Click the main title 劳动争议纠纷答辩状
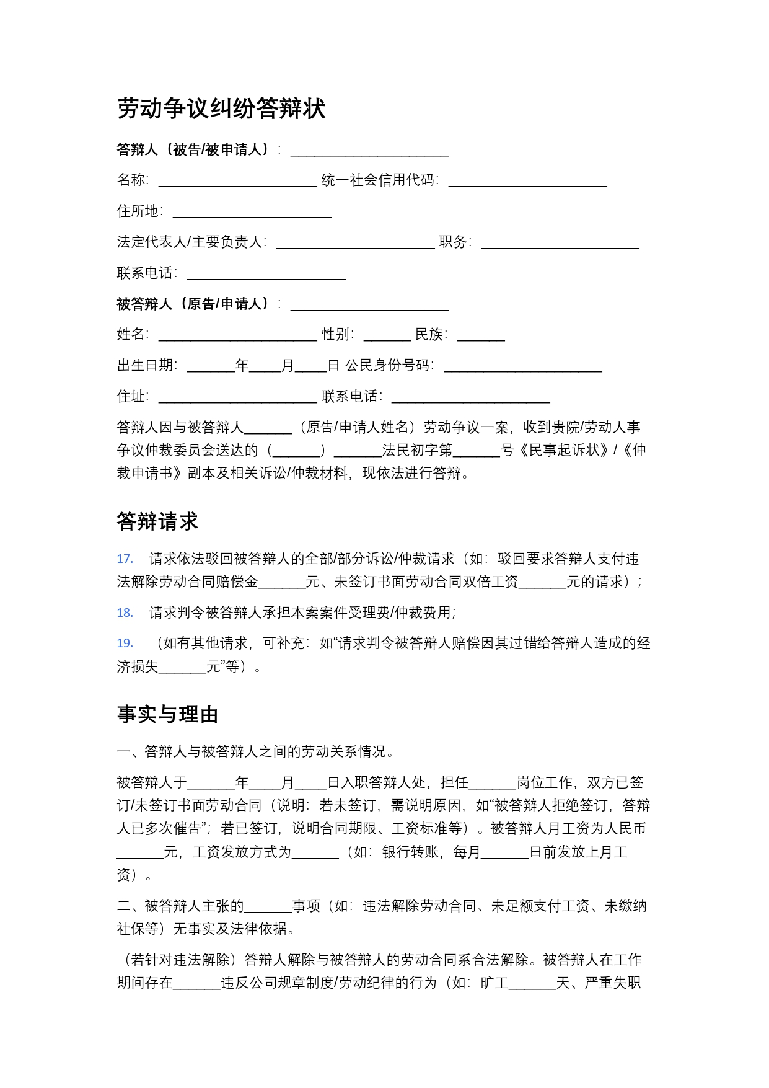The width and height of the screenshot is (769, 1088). (221, 108)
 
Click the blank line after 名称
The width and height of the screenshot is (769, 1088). (237, 180)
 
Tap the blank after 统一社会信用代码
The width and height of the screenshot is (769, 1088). (527, 180)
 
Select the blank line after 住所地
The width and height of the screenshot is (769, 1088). (252, 211)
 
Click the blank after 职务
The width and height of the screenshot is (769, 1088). (560, 242)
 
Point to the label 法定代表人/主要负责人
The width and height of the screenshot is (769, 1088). (191, 242)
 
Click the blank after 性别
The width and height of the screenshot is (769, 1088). (387, 335)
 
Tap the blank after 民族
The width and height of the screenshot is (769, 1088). (481, 335)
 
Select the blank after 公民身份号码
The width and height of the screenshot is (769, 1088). (523, 366)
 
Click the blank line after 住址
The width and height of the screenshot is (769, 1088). (237, 397)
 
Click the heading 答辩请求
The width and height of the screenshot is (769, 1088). (157, 521)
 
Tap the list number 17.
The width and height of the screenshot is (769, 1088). (125, 559)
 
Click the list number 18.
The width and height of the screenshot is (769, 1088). (125, 613)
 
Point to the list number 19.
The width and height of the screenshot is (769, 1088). (125, 644)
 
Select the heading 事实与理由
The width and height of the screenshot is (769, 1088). (167, 714)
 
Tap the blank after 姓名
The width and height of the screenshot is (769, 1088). (237, 335)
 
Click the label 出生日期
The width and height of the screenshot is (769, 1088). (146, 366)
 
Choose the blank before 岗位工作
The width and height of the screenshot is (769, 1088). (493, 783)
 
